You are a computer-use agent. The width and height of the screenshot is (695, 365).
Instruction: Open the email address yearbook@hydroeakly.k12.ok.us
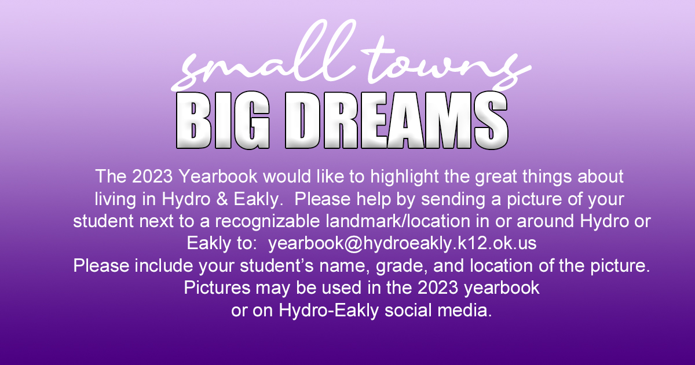click(x=402, y=243)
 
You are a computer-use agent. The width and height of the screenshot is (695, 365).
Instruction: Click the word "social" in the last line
click(x=408, y=310)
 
